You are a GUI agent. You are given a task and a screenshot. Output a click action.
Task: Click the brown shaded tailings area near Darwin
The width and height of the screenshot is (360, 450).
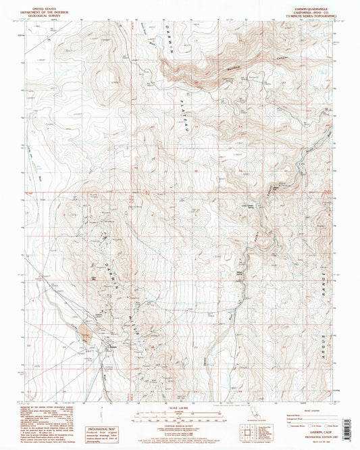tap(86, 331)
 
